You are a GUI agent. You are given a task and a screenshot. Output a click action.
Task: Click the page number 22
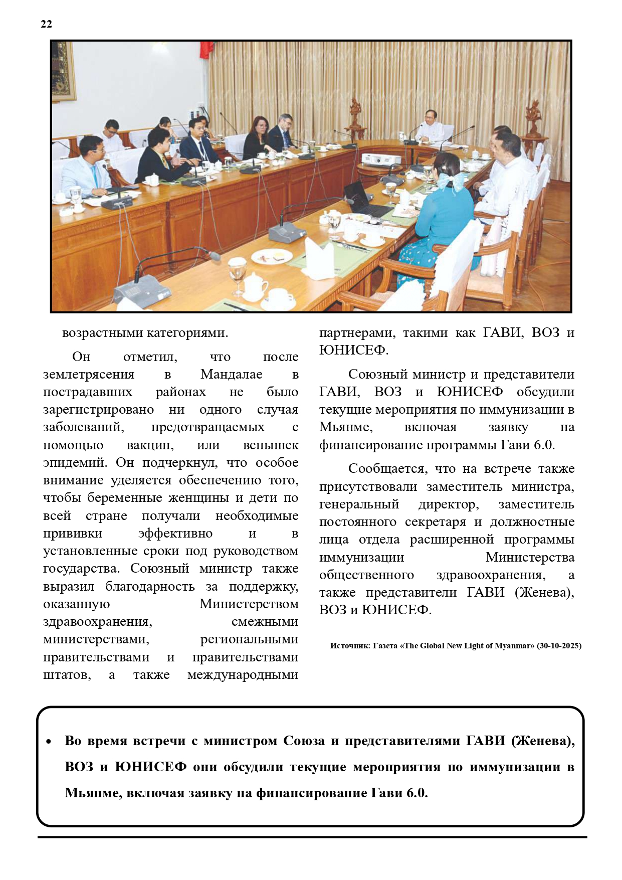(46, 24)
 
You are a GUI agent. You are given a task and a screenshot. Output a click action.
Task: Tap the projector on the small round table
(381, 159)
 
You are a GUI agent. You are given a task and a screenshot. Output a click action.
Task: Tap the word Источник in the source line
(350, 646)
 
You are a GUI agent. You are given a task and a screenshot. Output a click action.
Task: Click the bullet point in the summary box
(49, 742)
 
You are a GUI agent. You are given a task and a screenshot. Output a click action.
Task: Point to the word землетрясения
(89, 375)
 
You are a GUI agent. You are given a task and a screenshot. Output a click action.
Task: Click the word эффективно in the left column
(175, 534)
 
